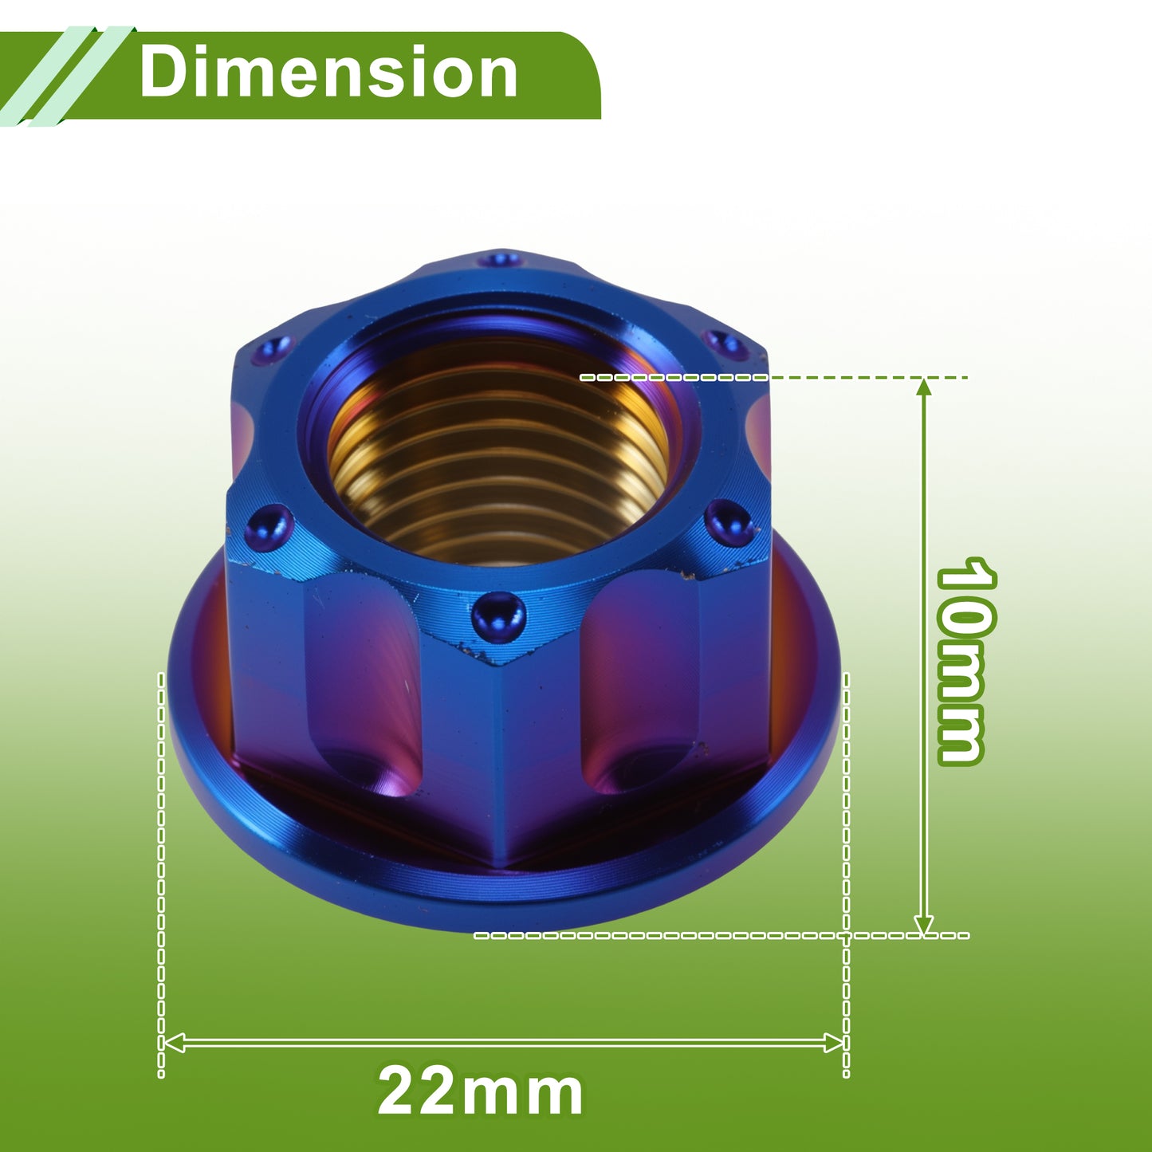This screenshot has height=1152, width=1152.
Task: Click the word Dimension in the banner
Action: (x=328, y=73)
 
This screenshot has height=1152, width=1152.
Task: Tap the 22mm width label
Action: (x=480, y=1091)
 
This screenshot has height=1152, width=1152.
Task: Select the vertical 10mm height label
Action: (x=965, y=661)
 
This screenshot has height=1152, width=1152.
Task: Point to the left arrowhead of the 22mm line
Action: (x=173, y=1043)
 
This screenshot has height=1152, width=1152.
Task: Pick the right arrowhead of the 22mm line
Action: (x=833, y=1043)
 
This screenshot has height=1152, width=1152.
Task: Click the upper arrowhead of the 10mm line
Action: (x=924, y=387)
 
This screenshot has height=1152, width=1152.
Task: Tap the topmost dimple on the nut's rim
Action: (x=501, y=260)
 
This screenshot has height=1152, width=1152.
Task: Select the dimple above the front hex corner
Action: (x=498, y=617)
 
